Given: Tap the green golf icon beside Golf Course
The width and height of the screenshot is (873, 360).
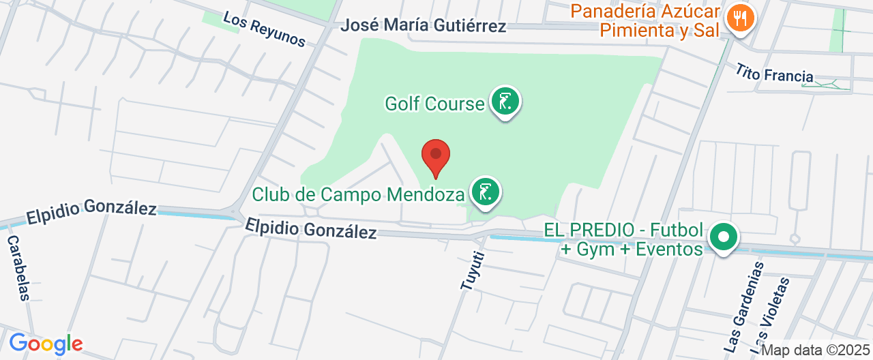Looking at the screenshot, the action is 505,102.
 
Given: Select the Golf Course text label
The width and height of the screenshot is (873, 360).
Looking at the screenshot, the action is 434,104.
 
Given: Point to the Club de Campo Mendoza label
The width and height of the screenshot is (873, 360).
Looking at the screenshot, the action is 358,195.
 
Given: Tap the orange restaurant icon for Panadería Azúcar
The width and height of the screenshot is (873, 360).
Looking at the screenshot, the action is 739,18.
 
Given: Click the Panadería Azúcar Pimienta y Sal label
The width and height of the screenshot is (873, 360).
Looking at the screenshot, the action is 646,20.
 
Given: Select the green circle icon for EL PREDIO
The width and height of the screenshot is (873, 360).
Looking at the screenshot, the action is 724,238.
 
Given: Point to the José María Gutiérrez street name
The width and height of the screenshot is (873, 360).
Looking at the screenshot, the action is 424,26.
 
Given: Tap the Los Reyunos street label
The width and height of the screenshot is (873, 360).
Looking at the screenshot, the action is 265,30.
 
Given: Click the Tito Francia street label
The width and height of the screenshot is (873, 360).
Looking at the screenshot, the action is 774,72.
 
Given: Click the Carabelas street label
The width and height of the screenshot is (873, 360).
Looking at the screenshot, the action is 18,268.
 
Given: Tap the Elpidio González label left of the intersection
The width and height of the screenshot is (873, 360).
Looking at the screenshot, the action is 91,212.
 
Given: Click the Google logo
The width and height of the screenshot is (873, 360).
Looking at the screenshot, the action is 46,343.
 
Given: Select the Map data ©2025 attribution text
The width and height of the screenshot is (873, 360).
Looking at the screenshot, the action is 816,350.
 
